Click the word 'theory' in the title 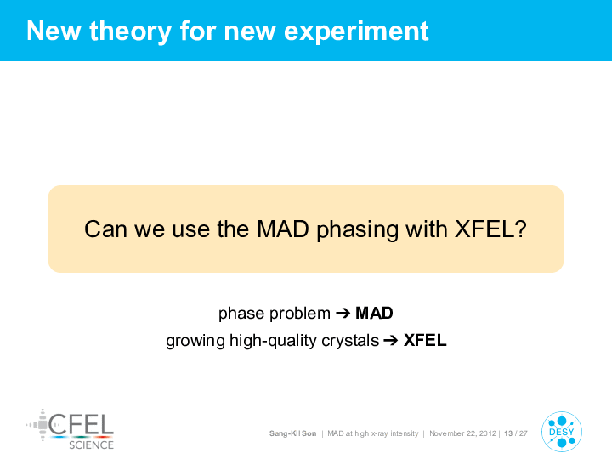click(130, 31)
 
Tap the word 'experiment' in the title click(356, 31)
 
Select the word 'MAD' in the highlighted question click(283, 229)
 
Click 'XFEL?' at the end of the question click(490, 229)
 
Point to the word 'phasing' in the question click(357, 230)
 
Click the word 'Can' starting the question click(105, 229)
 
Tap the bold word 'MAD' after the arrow click(374, 313)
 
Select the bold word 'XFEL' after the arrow click(425, 340)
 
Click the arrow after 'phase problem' click(343, 313)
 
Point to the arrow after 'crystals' click(391, 340)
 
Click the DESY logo click(562, 432)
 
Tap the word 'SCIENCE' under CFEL click(91, 445)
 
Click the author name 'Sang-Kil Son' click(292, 433)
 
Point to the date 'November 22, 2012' click(462, 433)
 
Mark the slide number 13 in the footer click(508, 433)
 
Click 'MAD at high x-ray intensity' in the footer click(373, 433)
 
